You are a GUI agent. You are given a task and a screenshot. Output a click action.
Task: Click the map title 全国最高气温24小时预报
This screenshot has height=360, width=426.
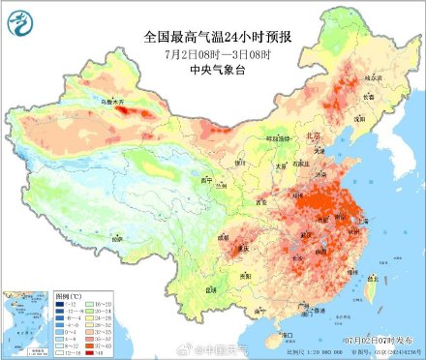click(212, 37)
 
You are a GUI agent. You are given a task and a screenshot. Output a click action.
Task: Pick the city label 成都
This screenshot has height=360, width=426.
click(225, 235)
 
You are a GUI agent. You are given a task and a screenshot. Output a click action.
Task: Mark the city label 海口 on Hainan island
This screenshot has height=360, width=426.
click(286, 333)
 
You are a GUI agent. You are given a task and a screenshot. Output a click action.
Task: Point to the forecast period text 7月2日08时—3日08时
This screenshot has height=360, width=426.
click(212, 53)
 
